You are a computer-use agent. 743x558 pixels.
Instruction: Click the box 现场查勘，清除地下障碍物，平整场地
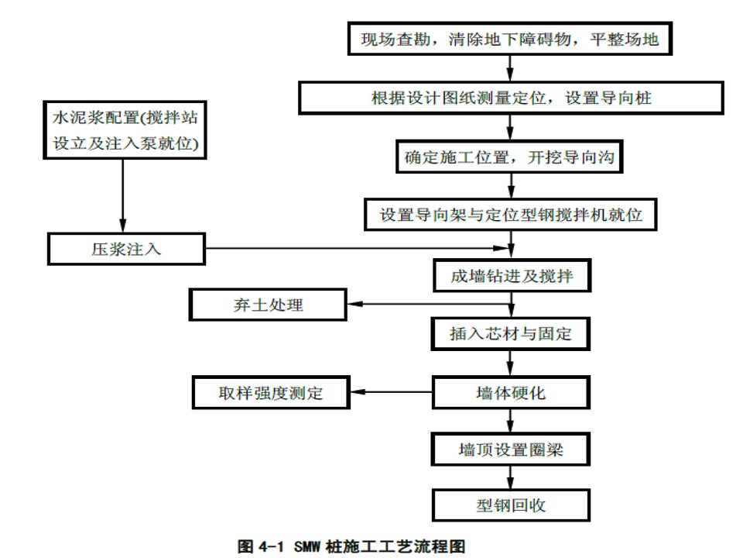pyautogui.click(x=510, y=39)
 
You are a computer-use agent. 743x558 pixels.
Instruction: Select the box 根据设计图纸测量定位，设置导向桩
pyautogui.click(x=511, y=98)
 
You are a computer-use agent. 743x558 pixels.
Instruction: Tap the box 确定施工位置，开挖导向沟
pyautogui.click(x=509, y=157)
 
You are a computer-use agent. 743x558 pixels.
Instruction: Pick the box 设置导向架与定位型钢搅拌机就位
pyautogui.click(x=510, y=215)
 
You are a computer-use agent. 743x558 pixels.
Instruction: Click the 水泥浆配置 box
pyautogui.click(x=125, y=130)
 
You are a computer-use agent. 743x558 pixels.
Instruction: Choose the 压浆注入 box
pyautogui.click(x=126, y=249)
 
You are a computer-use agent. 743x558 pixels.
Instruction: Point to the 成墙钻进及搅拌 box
pyautogui.click(x=512, y=275)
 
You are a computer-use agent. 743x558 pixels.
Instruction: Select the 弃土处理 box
pyautogui.click(x=268, y=305)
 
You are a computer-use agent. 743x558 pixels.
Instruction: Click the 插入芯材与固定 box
pyautogui.click(x=510, y=334)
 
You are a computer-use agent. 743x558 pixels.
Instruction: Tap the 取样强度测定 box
pyautogui.click(x=271, y=392)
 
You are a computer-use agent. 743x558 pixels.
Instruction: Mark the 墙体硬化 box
pyautogui.click(x=511, y=392)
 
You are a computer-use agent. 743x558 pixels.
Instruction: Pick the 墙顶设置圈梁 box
pyautogui.click(x=510, y=449)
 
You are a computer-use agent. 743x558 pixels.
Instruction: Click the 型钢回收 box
pyautogui.click(x=511, y=505)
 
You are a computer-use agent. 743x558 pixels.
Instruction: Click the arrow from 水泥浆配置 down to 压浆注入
pyautogui.click(x=123, y=195)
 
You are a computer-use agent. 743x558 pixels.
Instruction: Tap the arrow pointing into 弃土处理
pyautogui.click(x=430, y=304)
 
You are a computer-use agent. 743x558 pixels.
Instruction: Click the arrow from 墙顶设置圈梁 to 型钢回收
pyautogui.click(x=510, y=477)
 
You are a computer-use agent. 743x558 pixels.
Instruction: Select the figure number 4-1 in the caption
pyautogui.click(x=272, y=546)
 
